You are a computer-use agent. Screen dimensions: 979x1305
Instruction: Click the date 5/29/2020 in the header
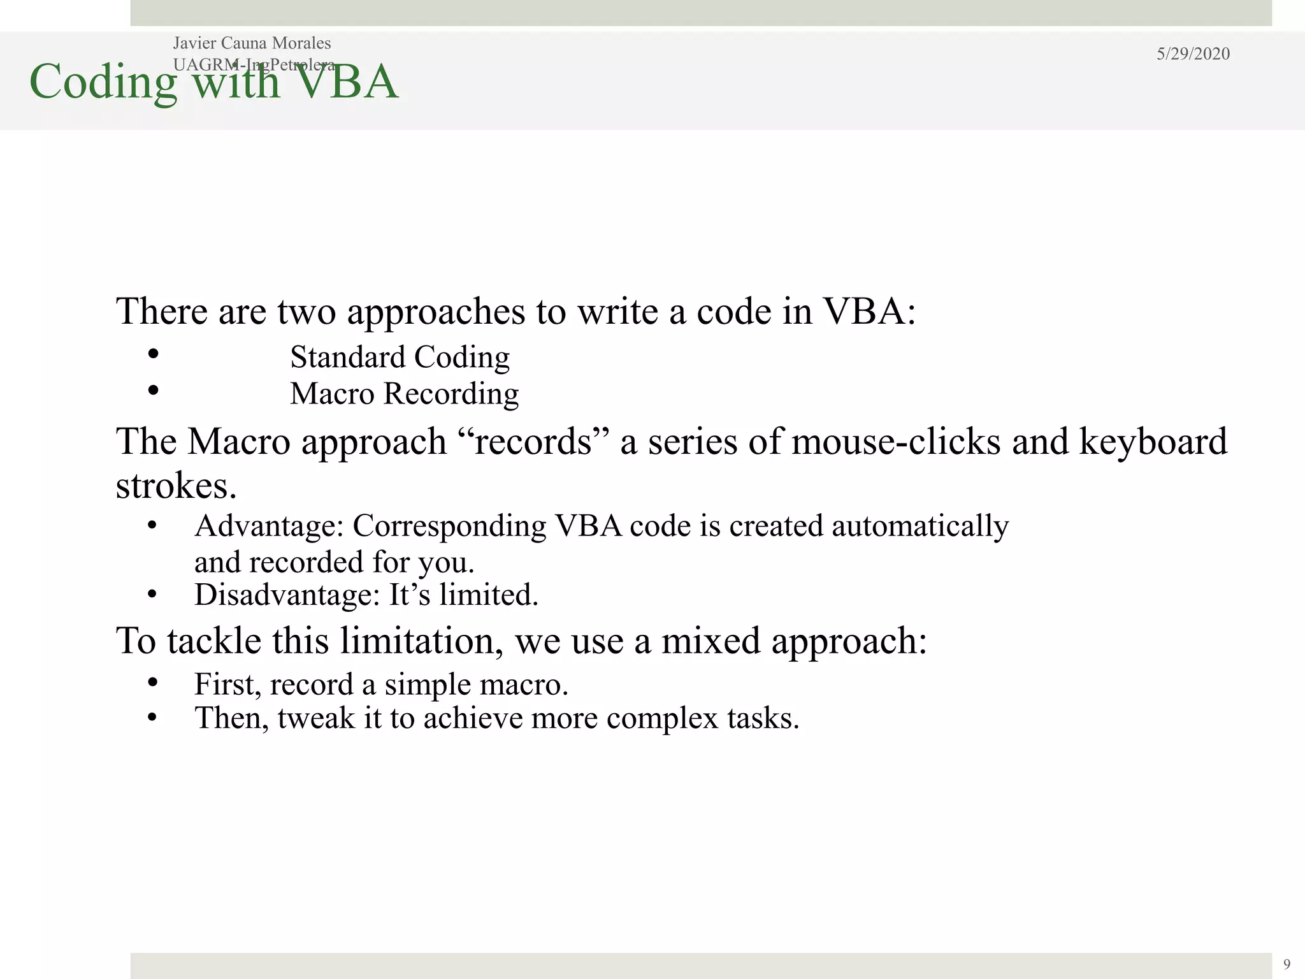click(x=1193, y=54)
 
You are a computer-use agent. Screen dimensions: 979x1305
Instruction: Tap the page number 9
click(x=1287, y=964)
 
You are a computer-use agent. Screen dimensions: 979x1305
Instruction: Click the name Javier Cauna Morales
click(x=252, y=43)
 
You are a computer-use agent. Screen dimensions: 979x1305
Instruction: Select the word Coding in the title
click(x=103, y=83)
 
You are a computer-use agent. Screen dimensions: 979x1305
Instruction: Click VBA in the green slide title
click(x=347, y=83)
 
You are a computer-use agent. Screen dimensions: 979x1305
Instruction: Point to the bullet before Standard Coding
click(x=153, y=354)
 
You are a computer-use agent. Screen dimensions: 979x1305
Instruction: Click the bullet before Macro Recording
click(x=153, y=390)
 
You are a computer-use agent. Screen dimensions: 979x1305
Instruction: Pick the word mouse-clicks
click(x=896, y=442)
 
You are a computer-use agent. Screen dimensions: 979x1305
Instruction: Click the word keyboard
click(x=1153, y=442)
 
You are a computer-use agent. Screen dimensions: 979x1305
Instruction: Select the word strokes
click(x=176, y=486)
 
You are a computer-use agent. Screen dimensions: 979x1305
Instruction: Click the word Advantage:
click(x=270, y=526)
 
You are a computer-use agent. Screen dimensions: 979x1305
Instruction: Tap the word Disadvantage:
click(x=287, y=595)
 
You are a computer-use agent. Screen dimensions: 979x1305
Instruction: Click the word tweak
click(x=316, y=719)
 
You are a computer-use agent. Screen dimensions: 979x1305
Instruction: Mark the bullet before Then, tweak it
click(x=152, y=718)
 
